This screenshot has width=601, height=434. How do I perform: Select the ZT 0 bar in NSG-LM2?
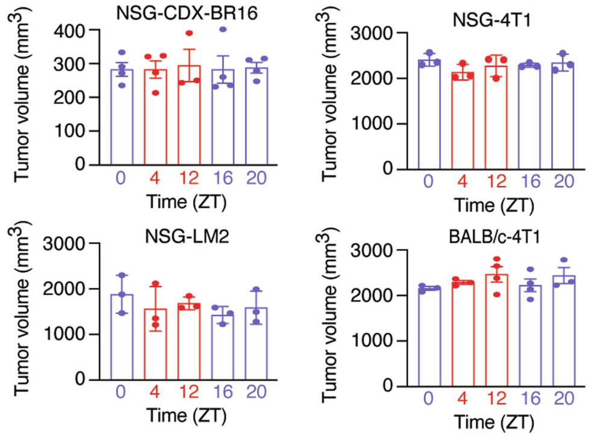(x=122, y=337)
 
